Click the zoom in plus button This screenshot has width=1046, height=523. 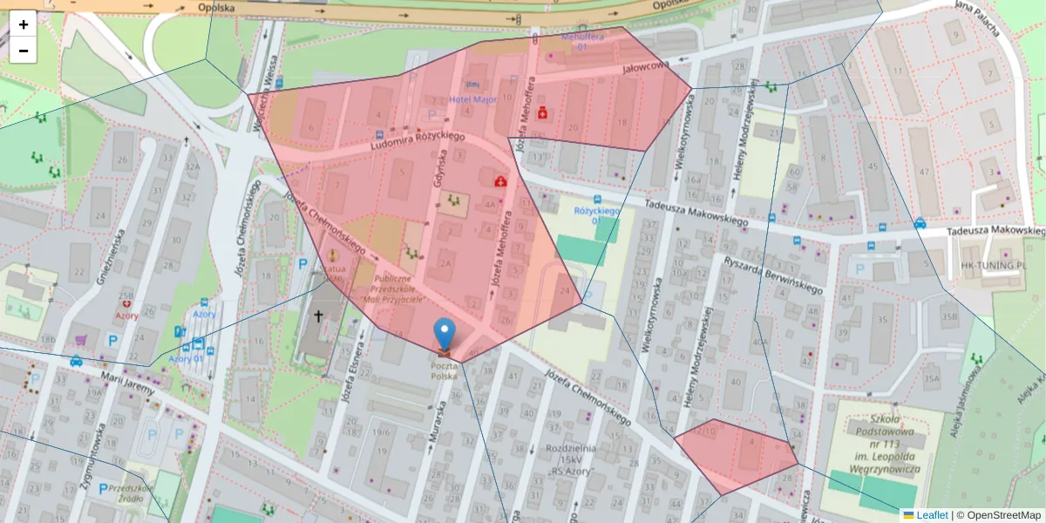pos(24,24)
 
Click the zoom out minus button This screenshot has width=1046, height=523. pos(24,51)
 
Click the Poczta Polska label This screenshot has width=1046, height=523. pos(443,370)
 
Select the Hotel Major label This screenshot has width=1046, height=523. pos(472,100)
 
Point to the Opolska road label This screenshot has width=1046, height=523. pos(216,7)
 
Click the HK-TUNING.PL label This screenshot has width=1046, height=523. pos(988,263)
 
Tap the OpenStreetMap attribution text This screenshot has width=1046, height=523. pos(1001,515)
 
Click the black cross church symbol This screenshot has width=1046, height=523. pos(318,316)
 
